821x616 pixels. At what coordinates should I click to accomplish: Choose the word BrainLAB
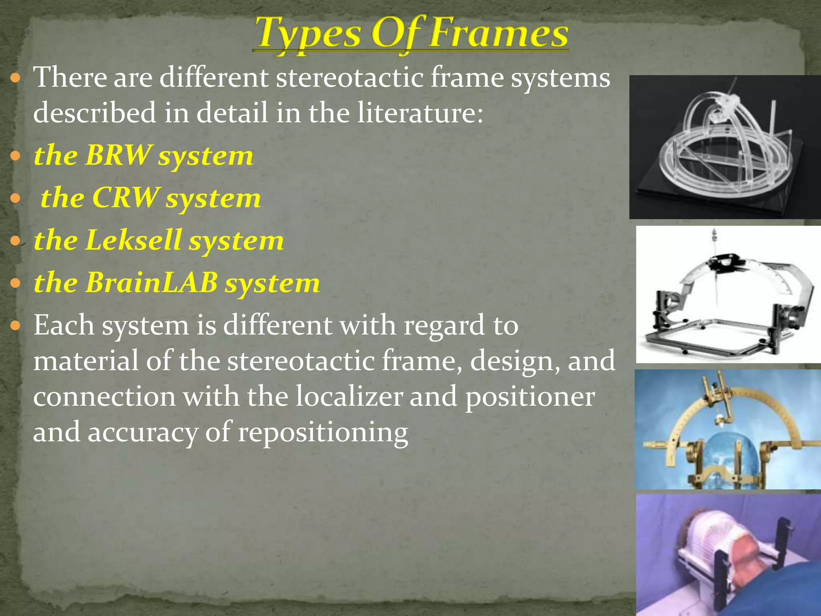(151, 283)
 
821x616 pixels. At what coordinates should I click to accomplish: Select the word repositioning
(323, 433)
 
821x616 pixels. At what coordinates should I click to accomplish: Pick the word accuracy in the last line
(143, 433)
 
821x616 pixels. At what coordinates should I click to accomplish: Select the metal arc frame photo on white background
(728, 294)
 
